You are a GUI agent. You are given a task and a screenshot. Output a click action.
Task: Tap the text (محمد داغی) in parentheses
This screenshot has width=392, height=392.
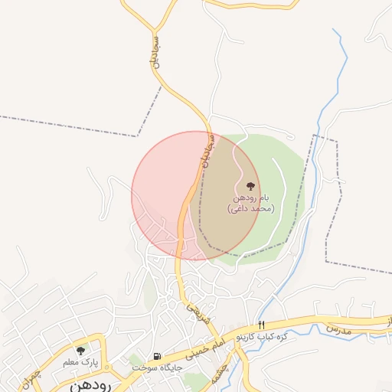click(x=250, y=207)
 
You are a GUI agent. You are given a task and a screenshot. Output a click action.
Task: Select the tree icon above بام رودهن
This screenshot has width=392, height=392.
click(x=250, y=186)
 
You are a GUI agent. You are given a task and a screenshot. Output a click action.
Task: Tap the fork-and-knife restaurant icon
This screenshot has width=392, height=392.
click(x=261, y=326)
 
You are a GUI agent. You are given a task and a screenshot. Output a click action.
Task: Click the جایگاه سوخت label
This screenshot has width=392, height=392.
click(x=156, y=367)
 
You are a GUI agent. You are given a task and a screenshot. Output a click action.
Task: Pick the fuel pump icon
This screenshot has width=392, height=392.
click(x=158, y=356)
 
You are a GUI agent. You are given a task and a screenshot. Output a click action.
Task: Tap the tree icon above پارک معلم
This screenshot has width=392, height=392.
click(x=81, y=350)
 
